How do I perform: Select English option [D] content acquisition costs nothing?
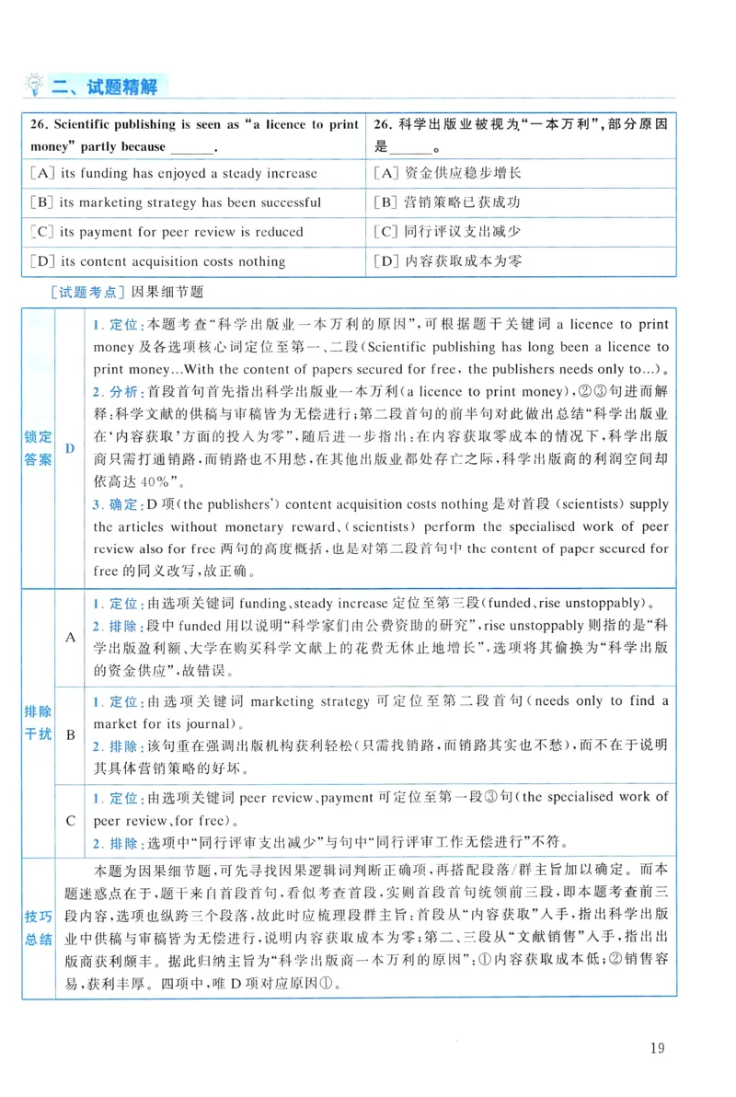click(157, 261)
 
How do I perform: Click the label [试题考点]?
click(88, 291)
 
